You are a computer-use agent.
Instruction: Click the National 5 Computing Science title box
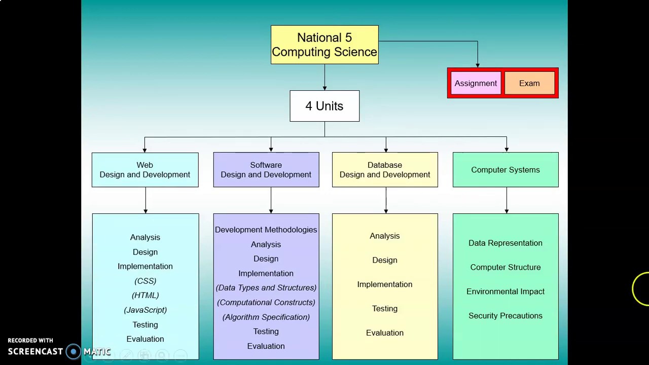click(x=324, y=45)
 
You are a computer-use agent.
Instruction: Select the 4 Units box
click(x=324, y=106)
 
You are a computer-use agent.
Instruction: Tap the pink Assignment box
click(x=476, y=83)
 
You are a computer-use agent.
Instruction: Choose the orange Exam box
click(x=529, y=83)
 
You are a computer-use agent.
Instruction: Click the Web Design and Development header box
click(x=145, y=170)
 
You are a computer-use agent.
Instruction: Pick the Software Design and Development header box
click(x=266, y=170)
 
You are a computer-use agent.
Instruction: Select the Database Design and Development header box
click(x=385, y=170)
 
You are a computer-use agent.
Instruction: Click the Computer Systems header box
click(x=506, y=170)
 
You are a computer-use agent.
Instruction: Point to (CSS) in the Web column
click(x=145, y=281)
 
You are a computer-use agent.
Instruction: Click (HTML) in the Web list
click(x=145, y=295)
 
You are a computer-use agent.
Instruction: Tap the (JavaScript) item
click(x=145, y=310)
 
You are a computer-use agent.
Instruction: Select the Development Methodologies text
click(x=266, y=230)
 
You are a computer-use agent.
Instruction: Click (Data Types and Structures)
click(x=266, y=287)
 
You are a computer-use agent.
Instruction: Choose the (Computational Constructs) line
click(x=266, y=302)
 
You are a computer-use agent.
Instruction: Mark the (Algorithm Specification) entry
click(x=266, y=317)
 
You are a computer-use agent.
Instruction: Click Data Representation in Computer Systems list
click(x=506, y=243)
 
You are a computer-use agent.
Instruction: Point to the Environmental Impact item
click(x=506, y=291)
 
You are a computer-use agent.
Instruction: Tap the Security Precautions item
click(x=506, y=316)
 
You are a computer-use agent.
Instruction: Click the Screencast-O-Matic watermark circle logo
click(x=74, y=351)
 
